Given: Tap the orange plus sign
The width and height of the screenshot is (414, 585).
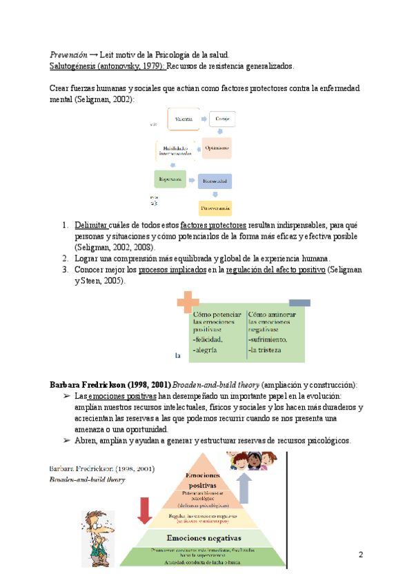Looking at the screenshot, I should (187, 301).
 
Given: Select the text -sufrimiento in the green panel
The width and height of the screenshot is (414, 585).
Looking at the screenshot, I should (267, 340).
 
